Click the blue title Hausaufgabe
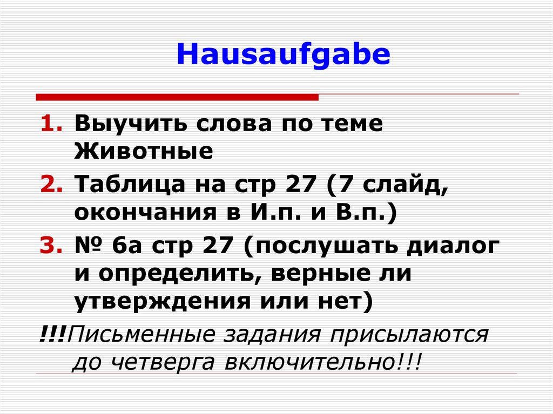point(283,56)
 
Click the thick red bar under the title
point(177,97)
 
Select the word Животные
point(144,152)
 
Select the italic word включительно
point(316,361)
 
